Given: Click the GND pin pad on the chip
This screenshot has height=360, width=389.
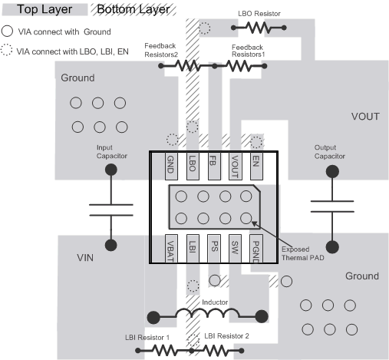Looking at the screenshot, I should point(170,163).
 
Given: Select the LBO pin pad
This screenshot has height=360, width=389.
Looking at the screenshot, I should point(192,163).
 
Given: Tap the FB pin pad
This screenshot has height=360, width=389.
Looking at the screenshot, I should point(213,163).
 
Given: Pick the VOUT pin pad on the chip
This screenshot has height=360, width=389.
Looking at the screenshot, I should point(235,163).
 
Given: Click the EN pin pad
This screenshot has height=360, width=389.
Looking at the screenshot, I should point(256,163).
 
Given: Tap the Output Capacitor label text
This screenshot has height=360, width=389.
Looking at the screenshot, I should point(330,151).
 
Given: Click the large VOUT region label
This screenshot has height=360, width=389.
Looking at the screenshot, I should point(365,117).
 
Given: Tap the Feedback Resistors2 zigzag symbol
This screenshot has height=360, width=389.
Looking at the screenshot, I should point(188,66).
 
